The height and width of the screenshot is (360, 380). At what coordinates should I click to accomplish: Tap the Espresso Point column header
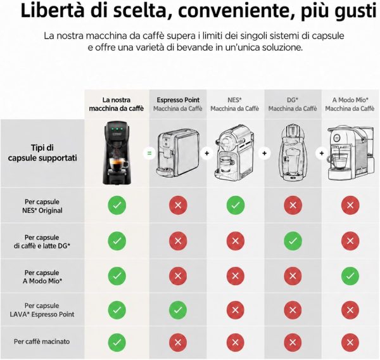178,104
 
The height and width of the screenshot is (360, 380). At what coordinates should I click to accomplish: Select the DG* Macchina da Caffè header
293,104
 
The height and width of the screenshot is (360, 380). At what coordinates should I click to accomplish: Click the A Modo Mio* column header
350,104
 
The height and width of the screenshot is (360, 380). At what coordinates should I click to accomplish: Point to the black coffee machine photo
117,153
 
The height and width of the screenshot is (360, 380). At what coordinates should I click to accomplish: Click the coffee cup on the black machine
118,164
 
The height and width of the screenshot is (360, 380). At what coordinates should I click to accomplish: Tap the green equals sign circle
149,153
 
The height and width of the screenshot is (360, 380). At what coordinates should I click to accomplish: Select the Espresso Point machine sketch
178,153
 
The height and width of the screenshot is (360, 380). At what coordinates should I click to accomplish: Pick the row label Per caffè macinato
42,342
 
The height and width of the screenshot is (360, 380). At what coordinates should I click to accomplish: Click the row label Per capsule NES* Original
42,206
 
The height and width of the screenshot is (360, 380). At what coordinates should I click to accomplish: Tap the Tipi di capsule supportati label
42,153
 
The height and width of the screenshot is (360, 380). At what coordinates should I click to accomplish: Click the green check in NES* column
236,205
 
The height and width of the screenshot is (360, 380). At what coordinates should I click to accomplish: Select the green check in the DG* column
293,241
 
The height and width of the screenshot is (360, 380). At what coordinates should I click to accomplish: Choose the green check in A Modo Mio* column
350,276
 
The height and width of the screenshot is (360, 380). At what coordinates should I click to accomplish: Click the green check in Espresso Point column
178,310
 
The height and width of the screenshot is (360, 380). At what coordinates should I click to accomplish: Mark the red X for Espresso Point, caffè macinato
178,342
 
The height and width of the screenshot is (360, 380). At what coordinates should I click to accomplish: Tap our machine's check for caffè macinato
117,342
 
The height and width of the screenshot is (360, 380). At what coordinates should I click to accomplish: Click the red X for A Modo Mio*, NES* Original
350,205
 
